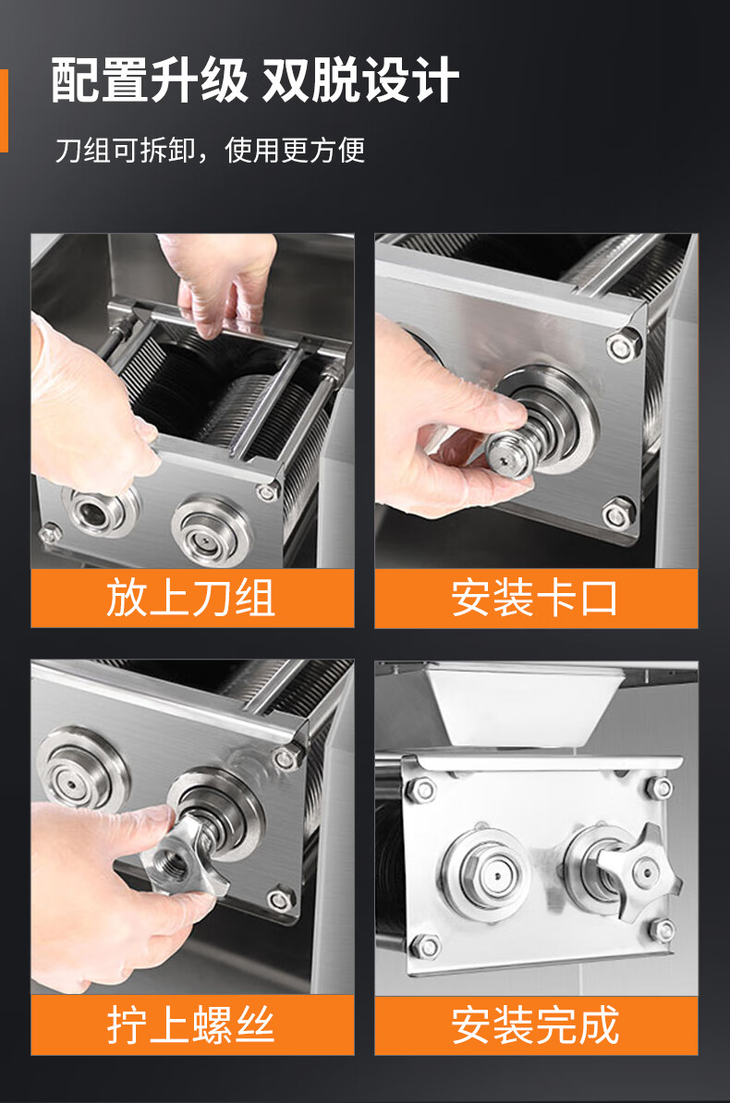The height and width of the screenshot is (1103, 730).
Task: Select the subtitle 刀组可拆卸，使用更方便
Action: pos(210,150)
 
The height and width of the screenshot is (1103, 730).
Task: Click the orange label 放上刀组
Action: pos(190,598)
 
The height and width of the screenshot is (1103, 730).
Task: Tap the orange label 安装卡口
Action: pos(535,598)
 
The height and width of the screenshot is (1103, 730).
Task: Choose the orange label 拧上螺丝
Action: pos(190,1024)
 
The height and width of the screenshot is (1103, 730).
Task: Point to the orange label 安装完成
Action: pos(535,1024)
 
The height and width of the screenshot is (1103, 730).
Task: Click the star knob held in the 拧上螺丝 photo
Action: pos(182,855)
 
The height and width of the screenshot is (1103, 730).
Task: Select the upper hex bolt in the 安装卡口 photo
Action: pos(624,345)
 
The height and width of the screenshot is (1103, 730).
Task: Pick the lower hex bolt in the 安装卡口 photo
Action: pos(619,514)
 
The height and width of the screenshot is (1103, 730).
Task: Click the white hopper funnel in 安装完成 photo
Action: pos(522,706)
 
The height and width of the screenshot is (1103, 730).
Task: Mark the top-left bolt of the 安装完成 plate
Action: pos(421,789)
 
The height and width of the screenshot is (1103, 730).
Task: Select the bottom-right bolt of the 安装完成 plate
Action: pos(662,930)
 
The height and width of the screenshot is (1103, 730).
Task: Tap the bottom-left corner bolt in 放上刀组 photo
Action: pos(49,533)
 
